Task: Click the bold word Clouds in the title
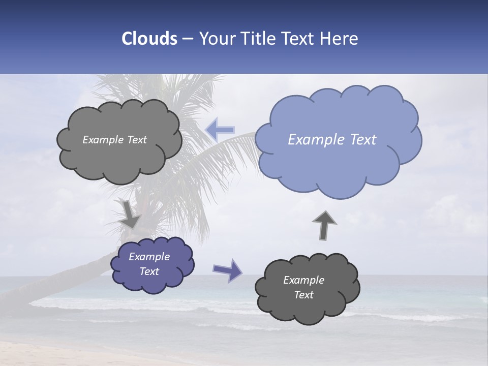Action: (149, 39)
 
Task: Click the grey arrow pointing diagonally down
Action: (130, 214)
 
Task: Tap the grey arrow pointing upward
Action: (324, 225)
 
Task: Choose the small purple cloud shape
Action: (152, 264)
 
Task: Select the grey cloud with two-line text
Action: (307, 288)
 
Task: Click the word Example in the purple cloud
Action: (149, 257)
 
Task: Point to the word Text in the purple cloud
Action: (149, 271)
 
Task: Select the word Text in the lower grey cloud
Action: (304, 295)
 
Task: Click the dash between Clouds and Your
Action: (187, 39)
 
